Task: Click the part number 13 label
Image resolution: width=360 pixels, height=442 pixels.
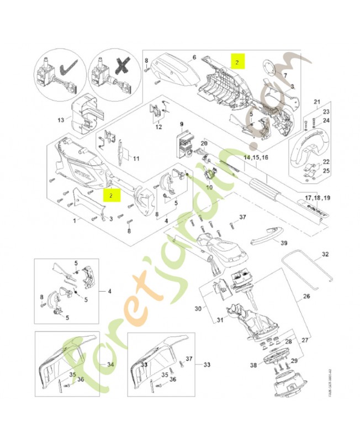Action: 61,120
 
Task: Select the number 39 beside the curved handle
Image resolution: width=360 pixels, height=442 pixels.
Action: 284,243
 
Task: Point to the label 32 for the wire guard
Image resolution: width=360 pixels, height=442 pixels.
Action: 325,255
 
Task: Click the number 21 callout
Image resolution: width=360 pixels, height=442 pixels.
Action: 316,102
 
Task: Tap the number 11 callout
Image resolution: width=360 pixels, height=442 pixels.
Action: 135,159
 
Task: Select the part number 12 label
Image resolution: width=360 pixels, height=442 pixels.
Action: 158,127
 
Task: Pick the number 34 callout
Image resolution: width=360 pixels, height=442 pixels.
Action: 110,365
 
